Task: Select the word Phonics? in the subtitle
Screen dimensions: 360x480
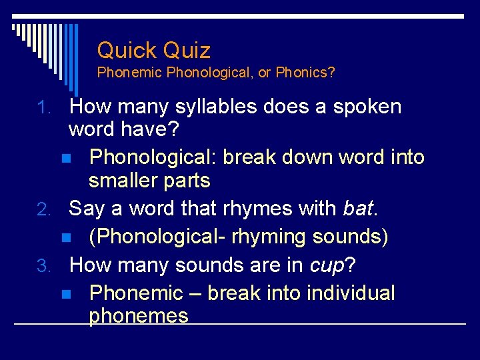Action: pyautogui.click(x=305, y=73)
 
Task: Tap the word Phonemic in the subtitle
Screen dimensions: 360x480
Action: pyautogui.click(x=130, y=73)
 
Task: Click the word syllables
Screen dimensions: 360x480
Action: pyautogui.click(x=213, y=107)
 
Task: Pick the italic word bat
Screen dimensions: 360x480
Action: pyautogui.click(x=358, y=209)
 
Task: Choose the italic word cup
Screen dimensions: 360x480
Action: pyautogui.click(x=327, y=265)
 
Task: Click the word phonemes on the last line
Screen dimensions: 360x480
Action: pyautogui.click(x=139, y=316)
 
